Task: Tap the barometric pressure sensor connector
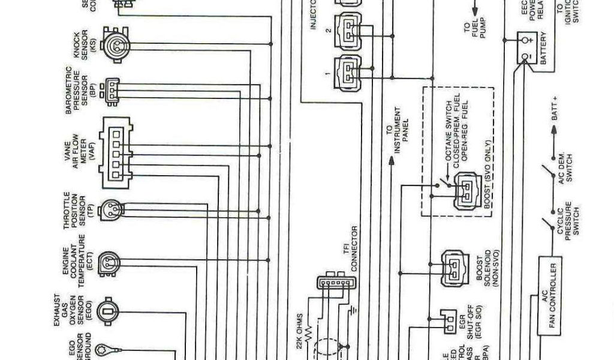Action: (112, 90)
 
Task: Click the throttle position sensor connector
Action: (112, 209)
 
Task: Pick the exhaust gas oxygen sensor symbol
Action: (109, 311)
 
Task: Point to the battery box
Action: (531, 48)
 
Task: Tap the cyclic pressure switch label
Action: (570, 220)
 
